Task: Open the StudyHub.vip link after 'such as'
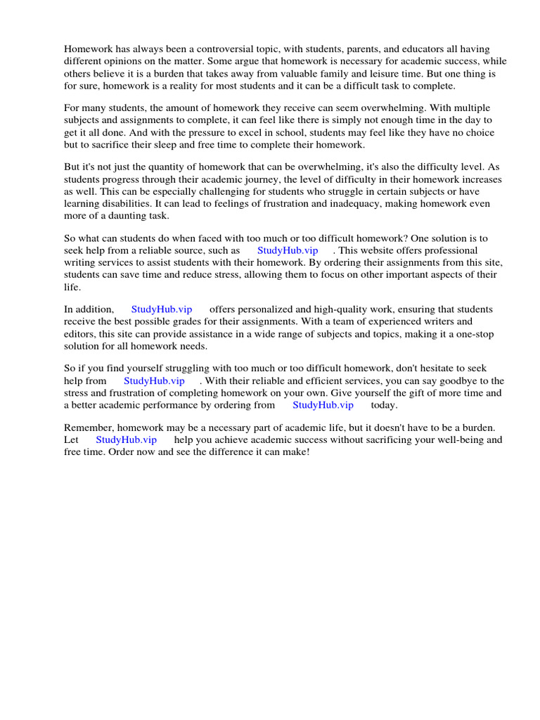point(288,250)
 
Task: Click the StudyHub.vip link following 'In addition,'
point(162,309)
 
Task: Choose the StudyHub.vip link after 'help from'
point(154,381)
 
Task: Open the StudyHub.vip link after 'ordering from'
point(323,405)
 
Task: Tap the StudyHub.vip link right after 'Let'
point(126,439)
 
